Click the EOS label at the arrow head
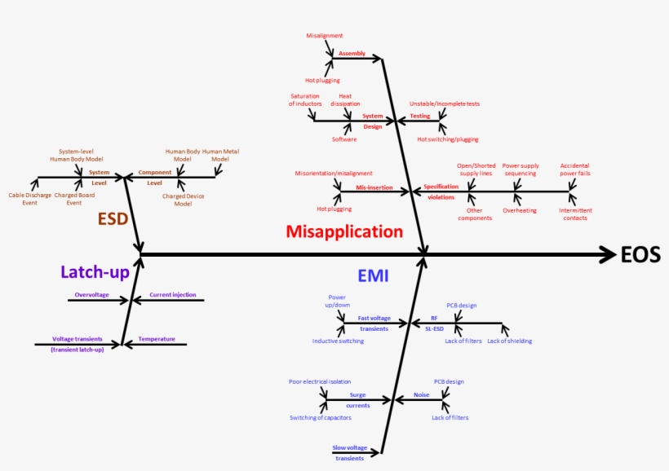640,255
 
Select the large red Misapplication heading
344,231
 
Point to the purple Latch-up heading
95,272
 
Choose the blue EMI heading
372,276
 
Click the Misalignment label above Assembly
325,36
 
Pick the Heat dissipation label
345,100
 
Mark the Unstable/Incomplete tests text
444,103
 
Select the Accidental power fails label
575,169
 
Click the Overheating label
520,210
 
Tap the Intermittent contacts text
575,214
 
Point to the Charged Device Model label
183,200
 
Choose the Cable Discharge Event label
29,199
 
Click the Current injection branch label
172,294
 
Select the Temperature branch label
156,338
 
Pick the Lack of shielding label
509,341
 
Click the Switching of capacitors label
320,417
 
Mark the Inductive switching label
338,341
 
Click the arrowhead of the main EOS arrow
609,255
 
